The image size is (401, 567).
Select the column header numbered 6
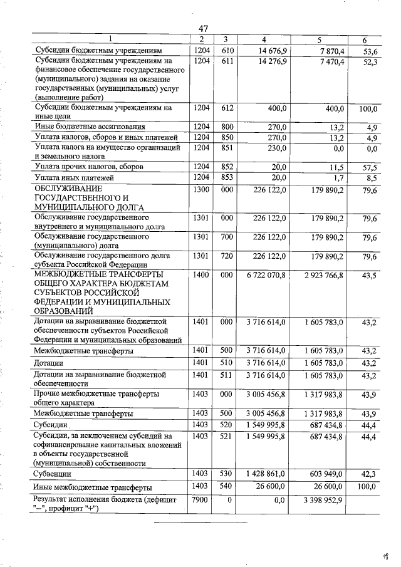tap(364, 41)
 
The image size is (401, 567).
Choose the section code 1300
tap(201, 189)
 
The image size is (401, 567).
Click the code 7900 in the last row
tap(201, 499)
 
